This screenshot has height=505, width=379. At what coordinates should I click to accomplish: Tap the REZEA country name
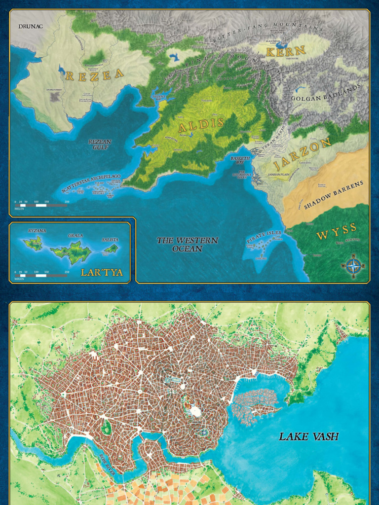94,74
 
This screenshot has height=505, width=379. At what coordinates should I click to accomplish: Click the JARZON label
303,153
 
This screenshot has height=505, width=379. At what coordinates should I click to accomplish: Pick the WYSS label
336,231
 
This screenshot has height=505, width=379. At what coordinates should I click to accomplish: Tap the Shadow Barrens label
333,195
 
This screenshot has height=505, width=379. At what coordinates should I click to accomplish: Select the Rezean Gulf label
100,144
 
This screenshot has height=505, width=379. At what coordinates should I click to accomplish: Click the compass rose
353,266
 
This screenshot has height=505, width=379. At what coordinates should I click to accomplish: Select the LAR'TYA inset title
102,273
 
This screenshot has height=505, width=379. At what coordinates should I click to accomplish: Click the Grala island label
75,235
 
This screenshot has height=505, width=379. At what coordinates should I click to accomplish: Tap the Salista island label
110,240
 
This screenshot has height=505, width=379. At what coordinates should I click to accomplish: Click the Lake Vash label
308,436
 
